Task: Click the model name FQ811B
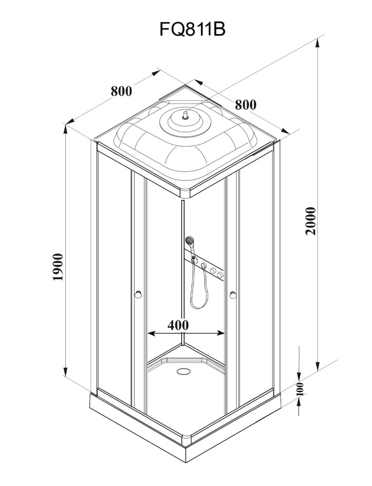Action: click(192, 30)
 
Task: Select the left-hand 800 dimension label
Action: click(121, 91)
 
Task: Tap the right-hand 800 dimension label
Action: click(245, 105)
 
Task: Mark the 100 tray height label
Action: click(300, 389)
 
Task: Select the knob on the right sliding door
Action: click(233, 294)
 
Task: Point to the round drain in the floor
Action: click(184, 371)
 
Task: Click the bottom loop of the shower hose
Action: click(199, 305)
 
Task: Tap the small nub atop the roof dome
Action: click(184, 115)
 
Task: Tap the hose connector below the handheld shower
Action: click(194, 258)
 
